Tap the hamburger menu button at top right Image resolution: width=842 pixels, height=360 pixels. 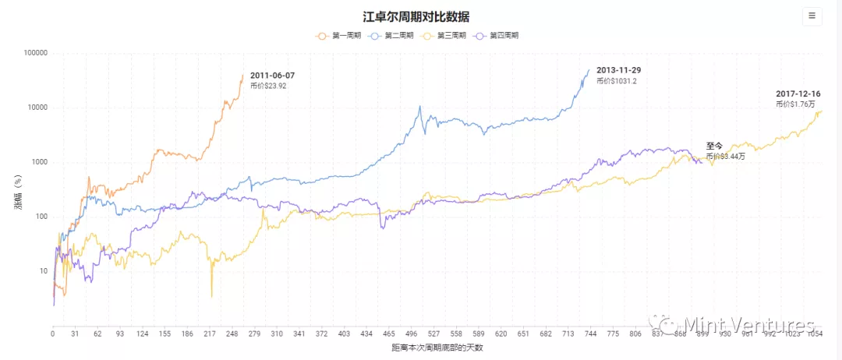pyautogui.click(x=812, y=16)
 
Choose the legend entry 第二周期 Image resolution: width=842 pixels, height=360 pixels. pyautogui.click(x=391, y=36)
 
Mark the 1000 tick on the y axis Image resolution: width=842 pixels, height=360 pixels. pyautogui.click(x=37, y=162)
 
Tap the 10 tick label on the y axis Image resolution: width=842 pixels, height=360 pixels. pyautogui.click(x=41, y=271)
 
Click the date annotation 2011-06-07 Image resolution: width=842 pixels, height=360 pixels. pyautogui.click(x=272, y=76)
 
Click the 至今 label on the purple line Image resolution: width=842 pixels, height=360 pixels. pyautogui.click(x=715, y=146)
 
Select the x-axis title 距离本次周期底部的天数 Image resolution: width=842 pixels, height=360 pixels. pyautogui.click(x=437, y=348)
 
